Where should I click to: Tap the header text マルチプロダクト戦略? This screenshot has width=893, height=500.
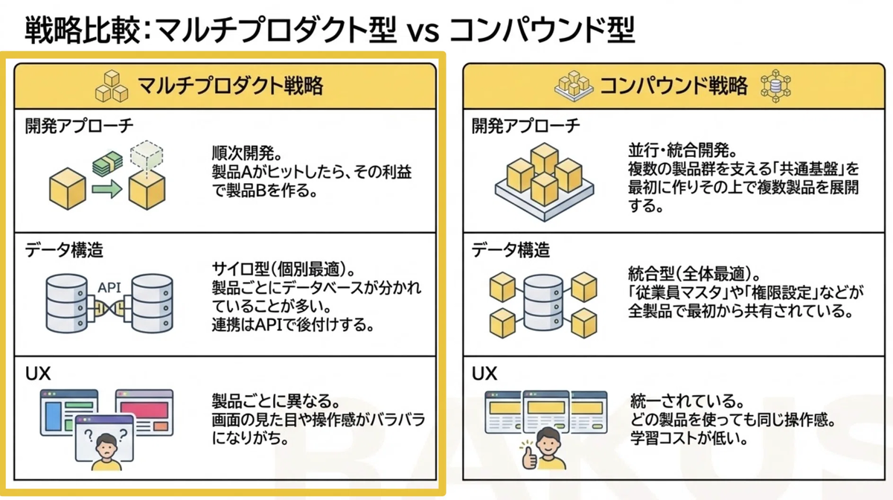pyautogui.click(x=229, y=86)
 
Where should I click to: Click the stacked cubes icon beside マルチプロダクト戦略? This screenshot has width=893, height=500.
pyautogui.click(x=112, y=87)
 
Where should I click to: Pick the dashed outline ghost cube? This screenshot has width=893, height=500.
pyautogui.click(x=146, y=156)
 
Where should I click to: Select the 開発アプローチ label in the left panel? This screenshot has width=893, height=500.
pyautogui.click(x=80, y=126)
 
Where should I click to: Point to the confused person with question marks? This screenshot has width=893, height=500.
pyautogui.click(x=103, y=444)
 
